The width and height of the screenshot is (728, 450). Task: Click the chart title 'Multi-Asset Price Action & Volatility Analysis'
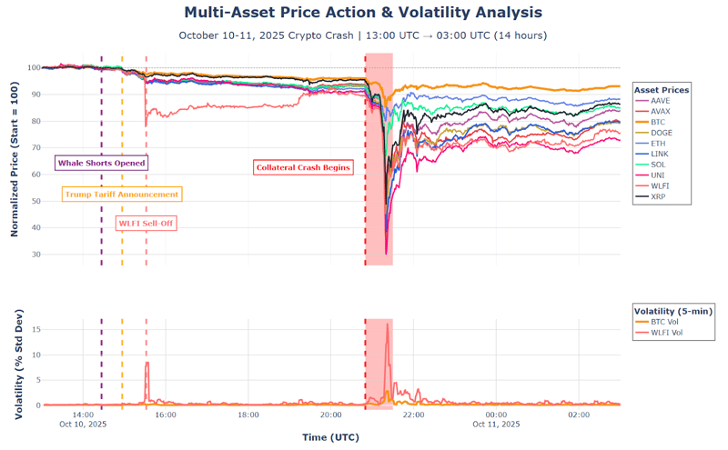click(363, 13)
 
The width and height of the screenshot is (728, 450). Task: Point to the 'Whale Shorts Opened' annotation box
click(101, 163)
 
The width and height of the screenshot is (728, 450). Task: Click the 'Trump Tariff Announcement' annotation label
click(121, 195)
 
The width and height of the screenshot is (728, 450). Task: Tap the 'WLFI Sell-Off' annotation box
click(146, 223)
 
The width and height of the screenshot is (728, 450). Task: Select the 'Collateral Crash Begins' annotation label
click(303, 167)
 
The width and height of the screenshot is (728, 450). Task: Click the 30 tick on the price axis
click(34, 254)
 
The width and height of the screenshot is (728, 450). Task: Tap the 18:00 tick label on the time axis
click(248, 415)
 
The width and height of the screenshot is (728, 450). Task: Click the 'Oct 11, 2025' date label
click(496, 424)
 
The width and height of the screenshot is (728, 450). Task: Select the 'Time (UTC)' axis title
click(330, 437)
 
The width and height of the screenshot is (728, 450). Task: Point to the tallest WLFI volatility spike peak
click(388, 325)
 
